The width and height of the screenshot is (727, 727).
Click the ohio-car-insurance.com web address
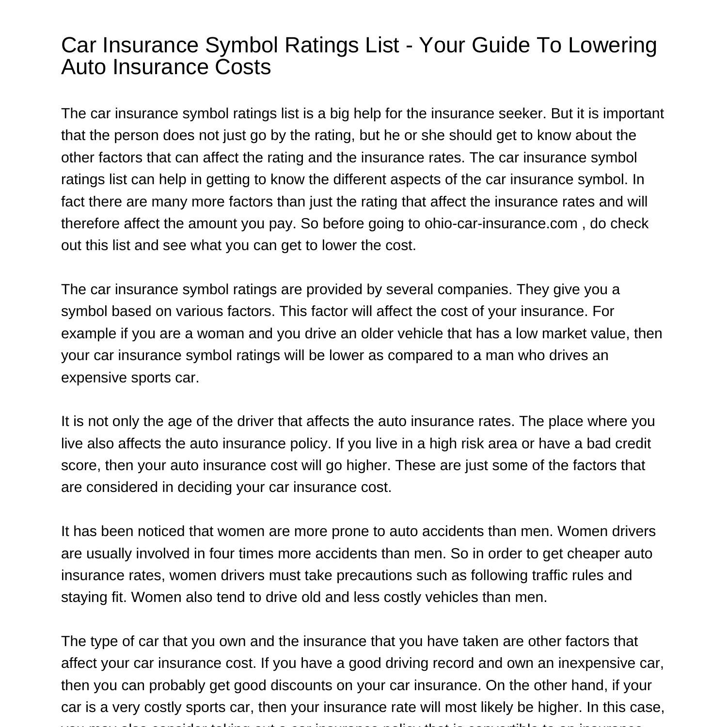(501, 223)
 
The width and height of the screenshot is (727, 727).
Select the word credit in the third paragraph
(630, 443)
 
